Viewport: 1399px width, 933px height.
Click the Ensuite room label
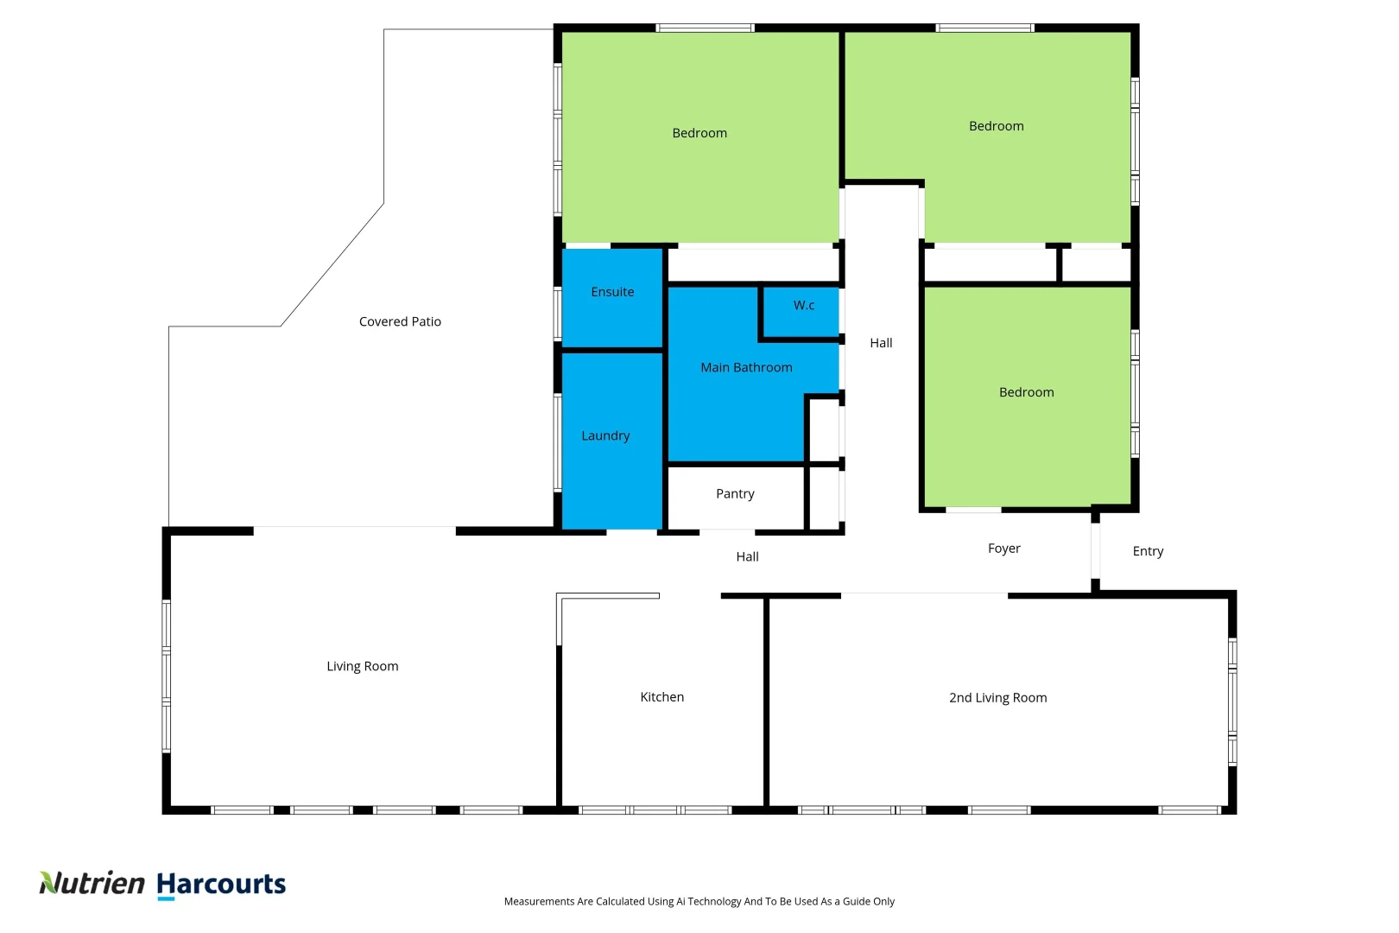point(612,292)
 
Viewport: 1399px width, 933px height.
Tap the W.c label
point(804,305)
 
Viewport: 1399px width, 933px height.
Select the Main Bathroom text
point(746,367)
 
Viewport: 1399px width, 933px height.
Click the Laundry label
point(605,435)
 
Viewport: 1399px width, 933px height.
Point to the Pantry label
point(735,493)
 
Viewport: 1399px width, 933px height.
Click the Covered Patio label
point(400,321)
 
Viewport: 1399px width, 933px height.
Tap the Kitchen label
point(662,696)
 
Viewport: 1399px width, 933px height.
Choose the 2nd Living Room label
point(997,697)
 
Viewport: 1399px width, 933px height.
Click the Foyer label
point(1003,548)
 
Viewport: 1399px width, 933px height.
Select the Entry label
point(1148,550)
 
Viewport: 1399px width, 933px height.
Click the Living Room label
point(362,666)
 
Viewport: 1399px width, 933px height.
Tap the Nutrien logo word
point(92,883)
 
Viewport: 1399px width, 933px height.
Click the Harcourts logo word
point(221,884)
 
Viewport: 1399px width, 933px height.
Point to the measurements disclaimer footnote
point(699,901)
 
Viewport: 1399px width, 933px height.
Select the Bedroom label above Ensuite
point(699,133)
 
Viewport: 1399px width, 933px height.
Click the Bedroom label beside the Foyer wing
point(1026,392)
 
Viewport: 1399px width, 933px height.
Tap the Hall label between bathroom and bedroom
point(881,343)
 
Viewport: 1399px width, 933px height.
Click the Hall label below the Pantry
point(747,556)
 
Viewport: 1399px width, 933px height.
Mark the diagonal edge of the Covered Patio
point(332,264)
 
